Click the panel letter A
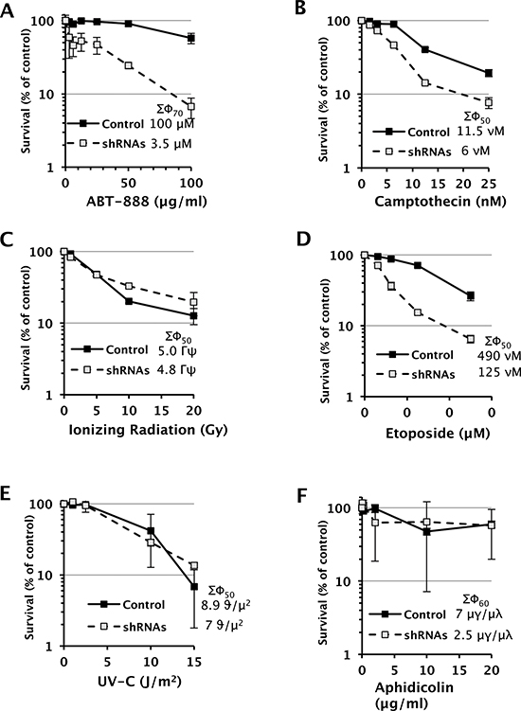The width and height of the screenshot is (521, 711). coord(9,10)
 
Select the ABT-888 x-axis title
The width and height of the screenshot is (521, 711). coord(147,202)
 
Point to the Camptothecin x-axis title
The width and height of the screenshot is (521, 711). coord(440,202)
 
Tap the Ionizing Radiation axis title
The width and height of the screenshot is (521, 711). coord(148,430)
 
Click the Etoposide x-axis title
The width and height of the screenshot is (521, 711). coord(438,434)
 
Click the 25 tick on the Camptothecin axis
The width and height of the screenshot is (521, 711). coord(489,185)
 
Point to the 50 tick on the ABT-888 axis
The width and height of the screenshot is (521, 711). coord(129,184)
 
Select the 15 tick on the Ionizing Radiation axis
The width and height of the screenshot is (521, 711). coord(162,411)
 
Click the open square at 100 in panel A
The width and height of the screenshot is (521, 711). coord(191,107)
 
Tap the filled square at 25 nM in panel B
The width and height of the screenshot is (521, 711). coord(489,73)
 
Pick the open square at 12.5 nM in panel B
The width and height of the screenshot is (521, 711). coord(424,83)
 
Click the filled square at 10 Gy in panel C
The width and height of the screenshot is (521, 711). coord(129,301)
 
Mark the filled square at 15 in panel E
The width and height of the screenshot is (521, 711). coord(194,586)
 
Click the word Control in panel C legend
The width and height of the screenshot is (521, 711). coord(127,349)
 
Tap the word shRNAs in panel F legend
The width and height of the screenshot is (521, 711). coord(425,635)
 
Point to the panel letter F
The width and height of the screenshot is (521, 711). coord(303,496)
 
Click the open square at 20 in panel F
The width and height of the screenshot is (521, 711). coord(491,525)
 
